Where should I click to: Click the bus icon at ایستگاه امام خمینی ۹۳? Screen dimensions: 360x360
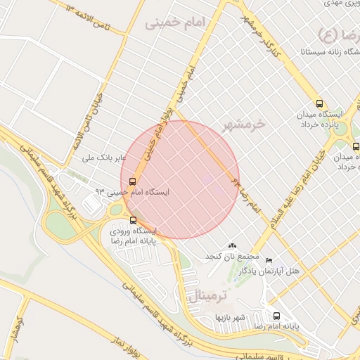point(134,181)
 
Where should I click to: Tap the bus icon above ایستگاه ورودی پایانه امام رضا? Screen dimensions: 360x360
point(134,220)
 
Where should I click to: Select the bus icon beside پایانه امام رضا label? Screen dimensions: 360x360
point(276,316)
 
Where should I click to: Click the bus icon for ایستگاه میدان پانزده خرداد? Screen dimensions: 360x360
point(321,103)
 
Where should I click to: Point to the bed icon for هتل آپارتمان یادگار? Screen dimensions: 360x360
point(268,260)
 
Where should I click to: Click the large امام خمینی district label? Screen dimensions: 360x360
point(174,23)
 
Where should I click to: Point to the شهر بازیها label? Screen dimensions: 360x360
point(230,318)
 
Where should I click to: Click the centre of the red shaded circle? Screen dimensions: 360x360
point(180,180)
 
